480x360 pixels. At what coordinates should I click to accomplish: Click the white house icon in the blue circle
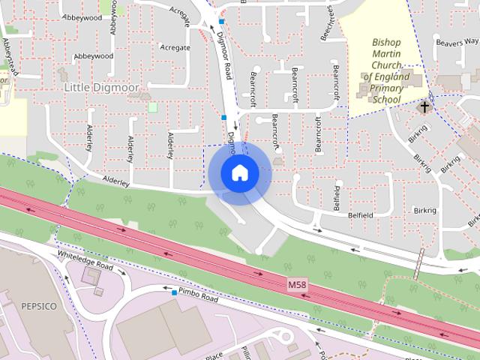coord(239,172)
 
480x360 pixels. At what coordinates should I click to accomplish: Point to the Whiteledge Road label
coord(85,260)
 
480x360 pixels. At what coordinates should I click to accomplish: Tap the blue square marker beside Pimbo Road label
coord(174,292)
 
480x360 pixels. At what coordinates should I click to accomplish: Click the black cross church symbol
coord(424,107)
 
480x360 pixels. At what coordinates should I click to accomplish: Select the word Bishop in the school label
coord(387,42)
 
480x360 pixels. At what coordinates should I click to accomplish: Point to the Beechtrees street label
coord(328,22)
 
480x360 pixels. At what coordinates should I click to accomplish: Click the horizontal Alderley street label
coord(116,182)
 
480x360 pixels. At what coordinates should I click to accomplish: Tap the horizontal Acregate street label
coord(175,47)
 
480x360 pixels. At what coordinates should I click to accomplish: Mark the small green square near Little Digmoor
coord(153,106)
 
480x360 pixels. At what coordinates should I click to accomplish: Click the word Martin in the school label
coord(387,53)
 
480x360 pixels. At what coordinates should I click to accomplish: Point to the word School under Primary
coord(387,99)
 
